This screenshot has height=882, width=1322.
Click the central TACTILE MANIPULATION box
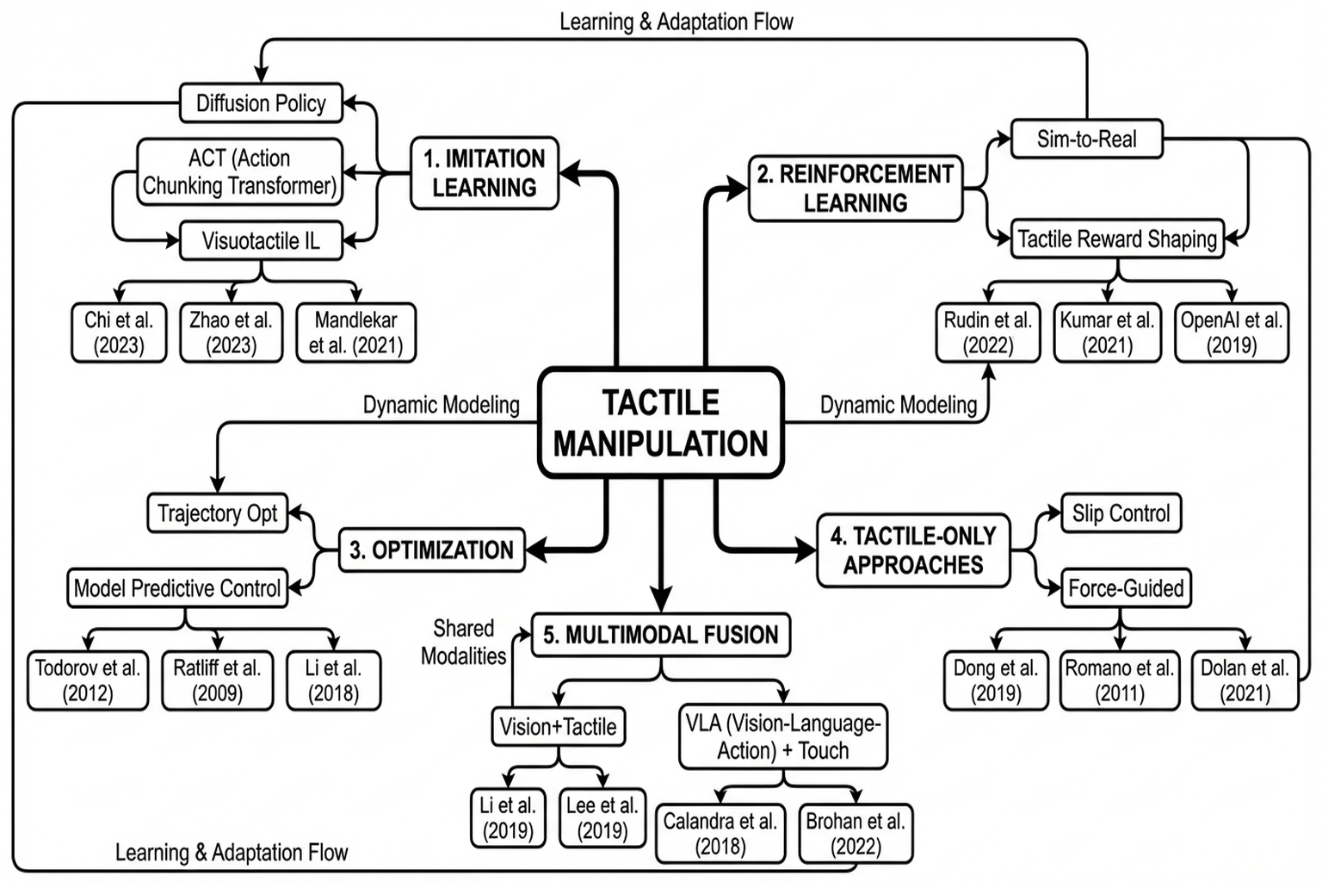(660, 423)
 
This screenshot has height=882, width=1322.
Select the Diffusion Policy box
(261, 103)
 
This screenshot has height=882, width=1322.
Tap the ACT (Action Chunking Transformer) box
(239, 172)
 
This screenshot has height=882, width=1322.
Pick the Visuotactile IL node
(261, 241)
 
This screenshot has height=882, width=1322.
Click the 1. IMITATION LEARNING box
(485, 173)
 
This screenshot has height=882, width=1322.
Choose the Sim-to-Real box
(1086, 139)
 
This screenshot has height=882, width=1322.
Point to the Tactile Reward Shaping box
(1117, 239)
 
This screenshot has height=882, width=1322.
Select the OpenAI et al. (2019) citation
(1231, 332)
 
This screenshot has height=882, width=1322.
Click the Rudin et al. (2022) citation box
(987, 332)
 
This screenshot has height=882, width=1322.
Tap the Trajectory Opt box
(217, 513)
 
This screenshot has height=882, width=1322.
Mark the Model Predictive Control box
(177, 588)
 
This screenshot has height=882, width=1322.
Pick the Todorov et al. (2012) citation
(87, 680)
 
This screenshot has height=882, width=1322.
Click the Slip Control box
(1121, 513)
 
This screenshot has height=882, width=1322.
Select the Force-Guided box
(1126, 588)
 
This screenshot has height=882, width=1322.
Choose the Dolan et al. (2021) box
(1245, 680)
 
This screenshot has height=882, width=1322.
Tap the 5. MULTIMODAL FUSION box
(660, 636)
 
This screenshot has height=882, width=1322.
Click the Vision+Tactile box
(558, 727)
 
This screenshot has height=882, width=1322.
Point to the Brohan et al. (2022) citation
(856, 834)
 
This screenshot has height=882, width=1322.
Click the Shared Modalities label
(463, 643)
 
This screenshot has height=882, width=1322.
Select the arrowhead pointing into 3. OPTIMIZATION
(535, 550)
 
